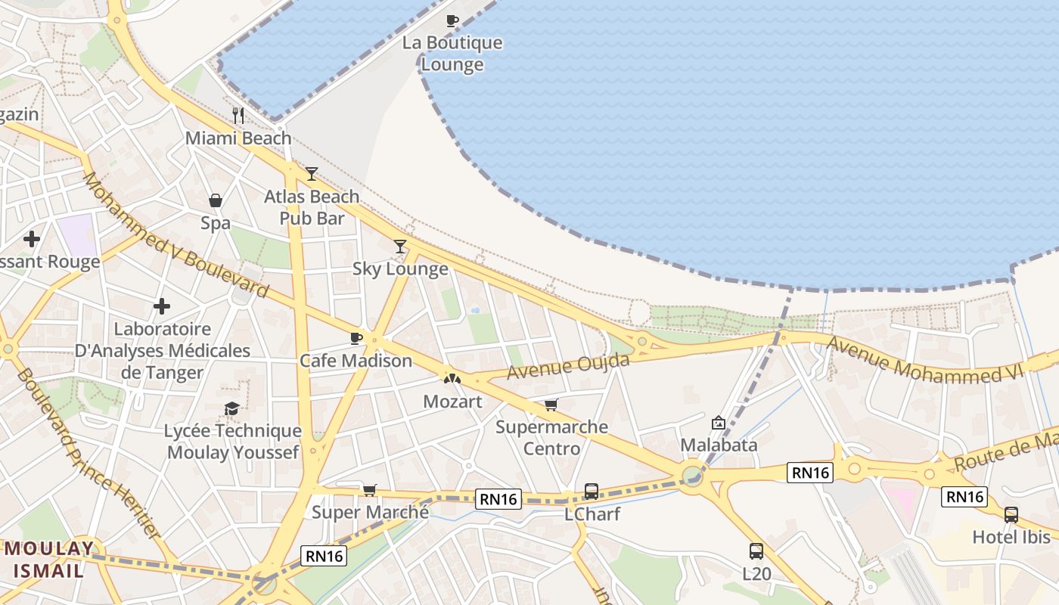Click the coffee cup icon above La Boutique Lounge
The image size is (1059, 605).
pyautogui.click(x=452, y=20)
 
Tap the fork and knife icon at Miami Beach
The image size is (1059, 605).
pyautogui.click(x=238, y=116)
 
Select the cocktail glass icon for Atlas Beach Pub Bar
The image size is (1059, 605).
pyautogui.click(x=312, y=174)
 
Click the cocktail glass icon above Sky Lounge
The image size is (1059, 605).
pyautogui.click(x=400, y=247)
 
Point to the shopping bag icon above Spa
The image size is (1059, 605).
pyautogui.click(x=216, y=200)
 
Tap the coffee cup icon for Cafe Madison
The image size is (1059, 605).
pyautogui.click(x=356, y=338)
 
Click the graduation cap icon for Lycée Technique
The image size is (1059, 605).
pyautogui.click(x=232, y=408)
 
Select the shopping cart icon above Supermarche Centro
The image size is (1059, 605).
pyautogui.click(x=551, y=405)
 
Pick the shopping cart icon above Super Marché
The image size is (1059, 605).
pyautogui.click(x=370, y=490)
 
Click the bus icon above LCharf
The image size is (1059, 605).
pyautogui.click(x=592, y=492)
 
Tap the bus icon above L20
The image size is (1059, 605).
pyautogui.click(x=756, y=551)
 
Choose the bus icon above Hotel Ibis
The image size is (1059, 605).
pyautogui.click(x=1011, y=515)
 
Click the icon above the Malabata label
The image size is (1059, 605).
pyautogui.click(x=719, y=423)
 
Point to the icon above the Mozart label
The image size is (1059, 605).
pyautogui.click(x=452, y=378)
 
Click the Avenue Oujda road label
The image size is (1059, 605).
pyautogui.click(x=568, y=367)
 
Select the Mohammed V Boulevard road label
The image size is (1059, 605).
pyautogui.click(x=175, y=234)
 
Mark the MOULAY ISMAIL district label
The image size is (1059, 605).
pyautogui.click(x=47, y=559)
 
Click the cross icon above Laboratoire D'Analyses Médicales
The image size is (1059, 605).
pyautogui.click(x=162, y=306)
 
